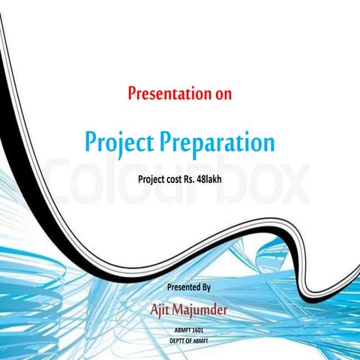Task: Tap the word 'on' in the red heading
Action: click(x=223, y=95)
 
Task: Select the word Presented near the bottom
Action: click(x=184, y=287)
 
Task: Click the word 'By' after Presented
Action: click(x=207, y=287)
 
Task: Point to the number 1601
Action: click(x=198, y=329)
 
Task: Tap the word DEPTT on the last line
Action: click(x=180, y=340)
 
